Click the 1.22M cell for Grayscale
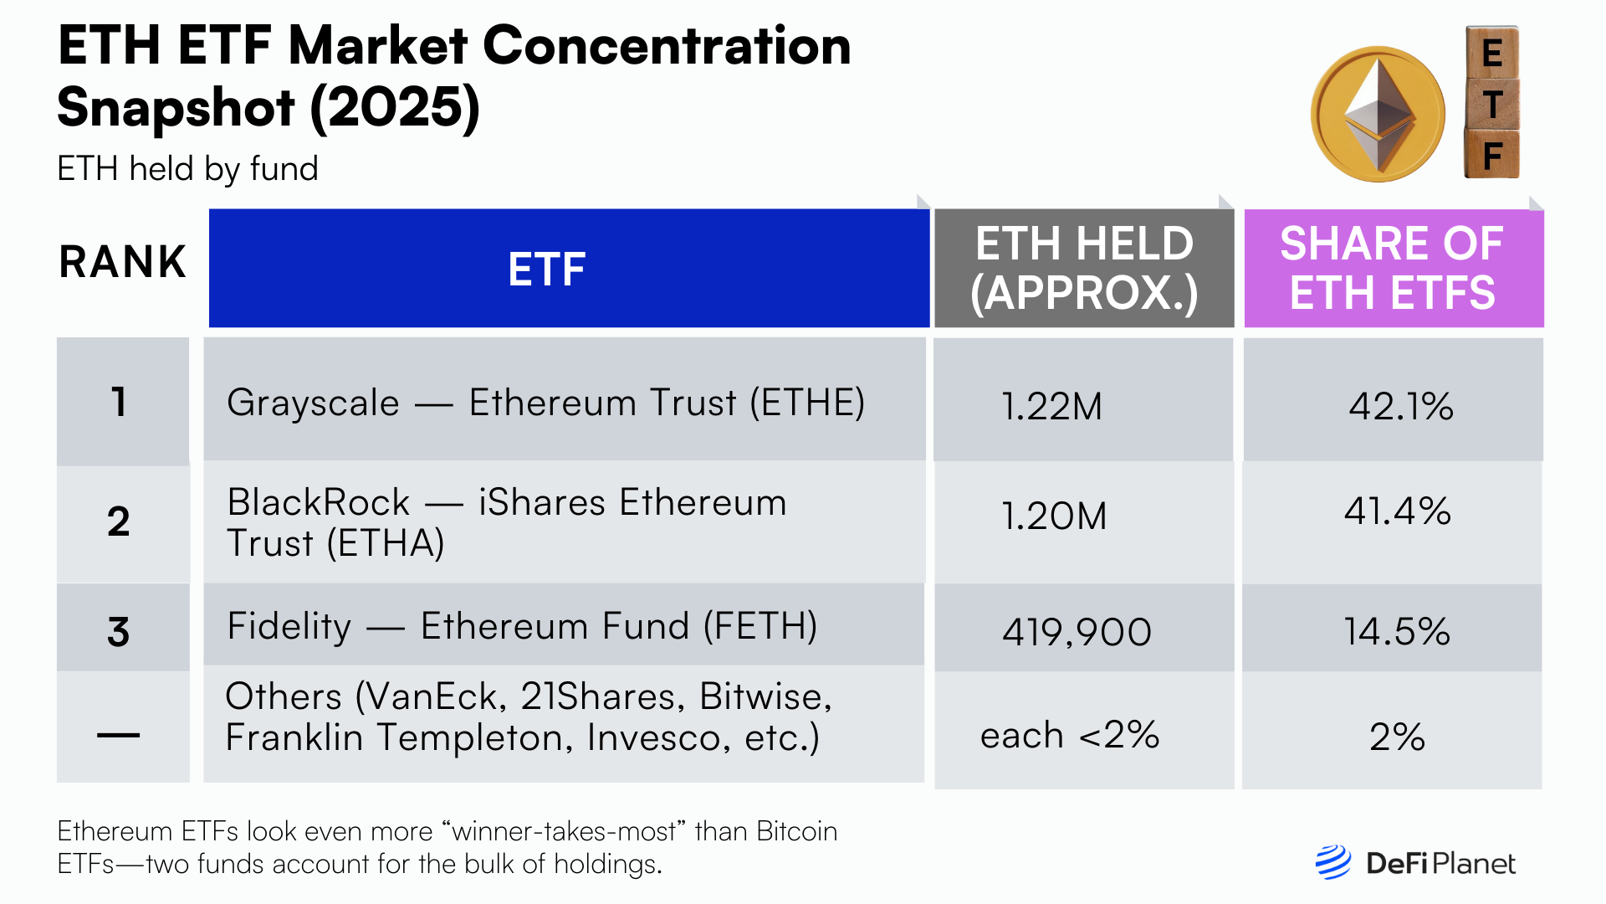coord(1051,406)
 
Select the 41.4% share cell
coord(1397,511)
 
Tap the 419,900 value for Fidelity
coord(1077,631)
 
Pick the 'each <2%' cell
coord(1070,735)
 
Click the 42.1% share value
coord(1401,406)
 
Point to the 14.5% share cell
coord(1397,631)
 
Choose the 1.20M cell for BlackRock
coord(1054,516)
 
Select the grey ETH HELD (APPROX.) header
coord(1084,268)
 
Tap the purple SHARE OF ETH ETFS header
coord(1394,268)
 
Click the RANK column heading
coord(122,262)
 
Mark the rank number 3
coord(119,631)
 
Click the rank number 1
coord(119,402)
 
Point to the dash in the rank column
coord(119,735)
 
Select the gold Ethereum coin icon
coord(1378,114)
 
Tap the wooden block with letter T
coord(1492,105)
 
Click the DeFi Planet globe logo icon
coord(1332,862)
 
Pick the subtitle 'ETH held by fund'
coord(187,169)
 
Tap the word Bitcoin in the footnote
coord(796,831)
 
